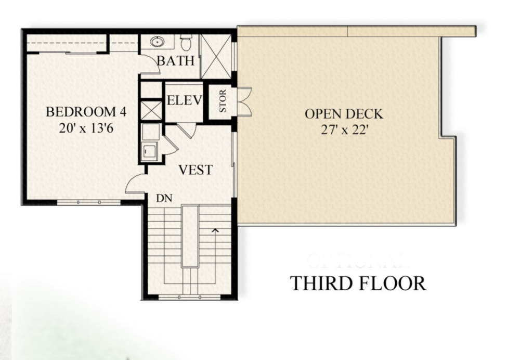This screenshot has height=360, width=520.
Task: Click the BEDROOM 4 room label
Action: (86, 112)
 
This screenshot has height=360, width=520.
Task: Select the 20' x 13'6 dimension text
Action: (86, 128)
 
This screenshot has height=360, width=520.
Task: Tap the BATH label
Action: (175, 61)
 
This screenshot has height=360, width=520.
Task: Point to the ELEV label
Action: (184, 100)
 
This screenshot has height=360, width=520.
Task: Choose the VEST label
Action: (195, 170)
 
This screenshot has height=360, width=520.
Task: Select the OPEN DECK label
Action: (344, 113)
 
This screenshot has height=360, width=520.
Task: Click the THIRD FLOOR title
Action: (358, 284)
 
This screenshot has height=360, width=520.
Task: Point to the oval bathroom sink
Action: (157, 42)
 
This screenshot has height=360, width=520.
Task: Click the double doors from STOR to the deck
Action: (243, 101)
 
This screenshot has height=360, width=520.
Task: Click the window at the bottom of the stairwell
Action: (180, 298)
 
